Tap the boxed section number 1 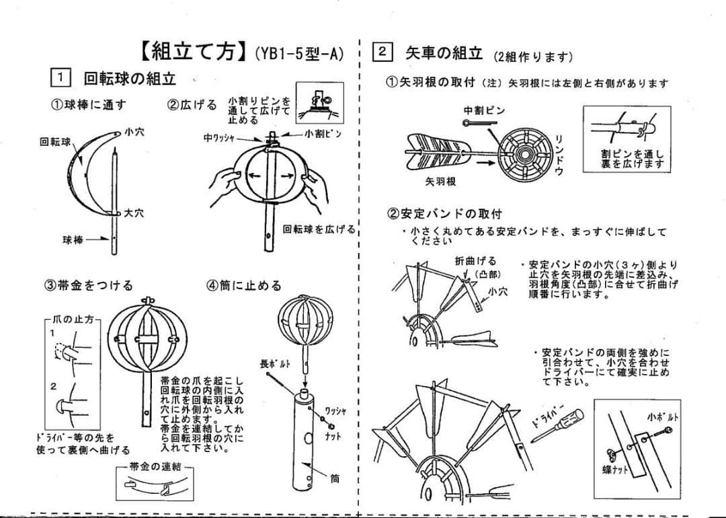click(61, 78)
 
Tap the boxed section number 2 click(382, 52)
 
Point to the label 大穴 click(133, 213)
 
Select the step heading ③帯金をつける click(88, 285)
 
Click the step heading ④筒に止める click(244, 285)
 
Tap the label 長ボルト click(275, 364)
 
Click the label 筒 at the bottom click(335, 480)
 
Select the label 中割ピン click(484, 110)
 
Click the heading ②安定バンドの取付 click(444, 214)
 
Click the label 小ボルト click(662, 416)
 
